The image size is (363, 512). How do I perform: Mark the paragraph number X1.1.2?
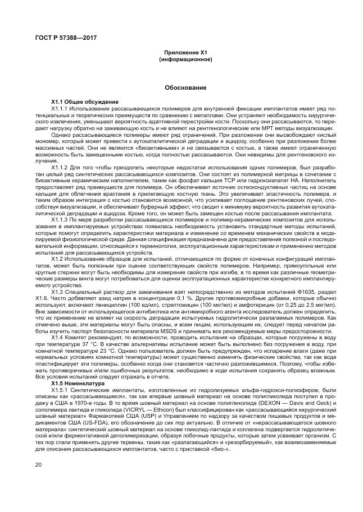(x=59, y=167)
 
